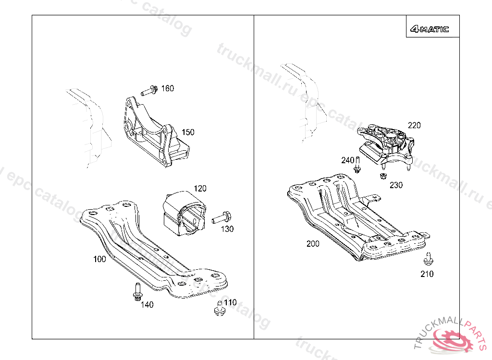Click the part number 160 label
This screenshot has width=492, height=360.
pos(167,88)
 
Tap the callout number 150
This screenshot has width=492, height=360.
pos(188,132)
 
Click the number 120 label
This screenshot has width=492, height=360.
pos(200,188)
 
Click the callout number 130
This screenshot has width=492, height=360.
pos(227,229)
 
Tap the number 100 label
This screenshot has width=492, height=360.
pos(99,259)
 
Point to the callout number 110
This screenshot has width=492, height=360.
pos(230,302)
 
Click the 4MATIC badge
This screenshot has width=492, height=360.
pos(430,29)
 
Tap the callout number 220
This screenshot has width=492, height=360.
pos(414,125)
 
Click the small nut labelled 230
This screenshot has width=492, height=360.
pos(383,176)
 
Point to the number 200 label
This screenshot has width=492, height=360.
pos(313,244)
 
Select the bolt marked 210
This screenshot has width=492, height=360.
pos(427,259)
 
